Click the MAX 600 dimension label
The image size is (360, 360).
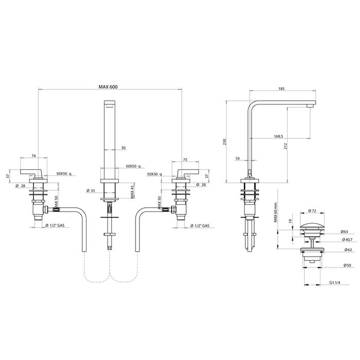108,87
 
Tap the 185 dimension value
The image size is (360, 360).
281,88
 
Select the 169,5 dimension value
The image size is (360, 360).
278,136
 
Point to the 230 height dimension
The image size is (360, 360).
225,141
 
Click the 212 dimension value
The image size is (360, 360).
285,146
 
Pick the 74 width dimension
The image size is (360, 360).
33,156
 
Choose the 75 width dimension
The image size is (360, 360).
185,160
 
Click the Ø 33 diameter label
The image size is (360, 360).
91,191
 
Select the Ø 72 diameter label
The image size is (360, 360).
312,210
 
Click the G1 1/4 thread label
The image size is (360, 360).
335,283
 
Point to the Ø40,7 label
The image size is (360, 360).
347,240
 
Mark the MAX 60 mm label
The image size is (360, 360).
275,213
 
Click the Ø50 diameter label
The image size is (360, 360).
347,265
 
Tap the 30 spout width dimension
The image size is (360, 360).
123,148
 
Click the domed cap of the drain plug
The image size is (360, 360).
312,225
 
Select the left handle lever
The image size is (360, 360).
31,172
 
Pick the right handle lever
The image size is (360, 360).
188,172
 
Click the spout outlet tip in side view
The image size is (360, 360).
310,105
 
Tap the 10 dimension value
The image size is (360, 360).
238,158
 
